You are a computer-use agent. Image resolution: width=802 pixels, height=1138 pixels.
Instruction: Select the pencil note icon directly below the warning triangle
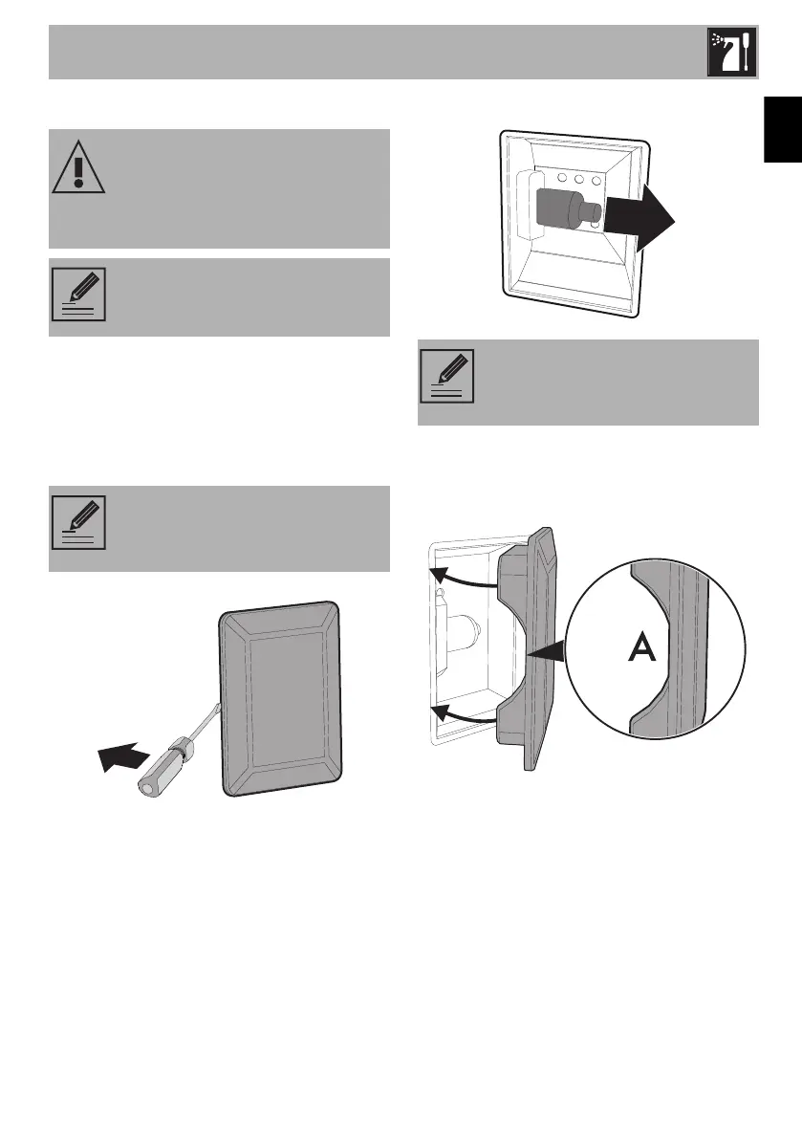tap(78, 295)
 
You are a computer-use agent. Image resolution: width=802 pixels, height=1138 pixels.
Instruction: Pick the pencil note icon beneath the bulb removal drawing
tap(447, 376)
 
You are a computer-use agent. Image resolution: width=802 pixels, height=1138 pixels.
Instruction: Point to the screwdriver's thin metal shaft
tap(212, 716)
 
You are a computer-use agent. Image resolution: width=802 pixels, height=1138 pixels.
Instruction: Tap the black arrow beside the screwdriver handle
tap(121, 758)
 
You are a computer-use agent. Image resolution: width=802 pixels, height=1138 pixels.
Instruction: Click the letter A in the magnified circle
tap(641, 651)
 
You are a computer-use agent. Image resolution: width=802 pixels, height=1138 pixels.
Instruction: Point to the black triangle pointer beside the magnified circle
tap(547, 652)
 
